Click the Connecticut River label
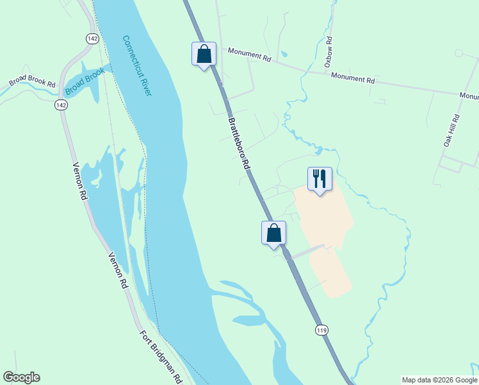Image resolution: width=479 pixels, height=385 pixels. (x=137, y=65)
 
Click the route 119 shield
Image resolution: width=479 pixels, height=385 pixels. (x=321, y=330)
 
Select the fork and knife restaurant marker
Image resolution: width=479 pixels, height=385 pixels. (x=320, y=178)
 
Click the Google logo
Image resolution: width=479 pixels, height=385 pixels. (x=21, y=377)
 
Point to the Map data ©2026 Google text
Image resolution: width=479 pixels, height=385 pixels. (x=440, y=380)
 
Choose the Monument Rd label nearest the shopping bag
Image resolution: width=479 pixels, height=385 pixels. (x=249, y=55)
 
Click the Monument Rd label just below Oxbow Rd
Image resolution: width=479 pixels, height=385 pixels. (x=352, y=78)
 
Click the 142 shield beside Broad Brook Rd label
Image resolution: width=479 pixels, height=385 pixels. (x=61, y=105)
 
